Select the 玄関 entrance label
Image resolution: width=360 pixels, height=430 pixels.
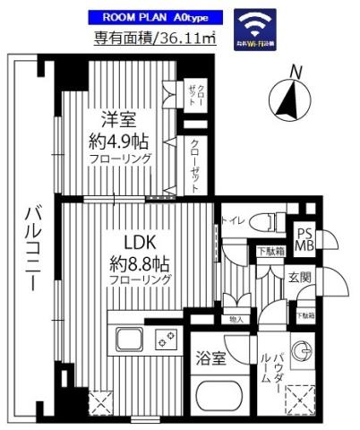click(300, 278)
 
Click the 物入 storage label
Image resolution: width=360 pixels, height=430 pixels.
click(236, 319)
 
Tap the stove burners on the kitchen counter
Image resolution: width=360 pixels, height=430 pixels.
click(165, 338)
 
